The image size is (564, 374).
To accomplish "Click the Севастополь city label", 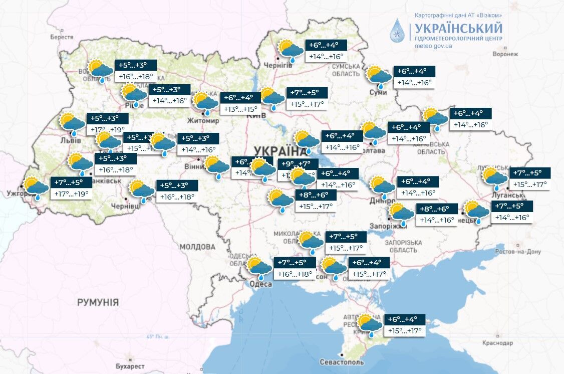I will tap(342, 362).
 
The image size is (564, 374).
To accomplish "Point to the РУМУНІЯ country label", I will tap(98, 302).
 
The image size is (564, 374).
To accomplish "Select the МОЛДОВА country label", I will tap(197, 247).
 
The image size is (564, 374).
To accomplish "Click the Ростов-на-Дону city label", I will tap(517, 252).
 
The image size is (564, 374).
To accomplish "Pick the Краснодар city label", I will tap(498, 343).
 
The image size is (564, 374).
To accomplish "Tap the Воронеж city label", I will tap(505, 54).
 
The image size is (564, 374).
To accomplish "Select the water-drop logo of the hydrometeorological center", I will tap(398, 31).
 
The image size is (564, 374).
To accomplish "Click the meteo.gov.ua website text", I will tap(434, 46).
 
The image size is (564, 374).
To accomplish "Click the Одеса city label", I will tap(260, 284).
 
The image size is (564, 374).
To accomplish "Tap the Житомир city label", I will tap(203, 121).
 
